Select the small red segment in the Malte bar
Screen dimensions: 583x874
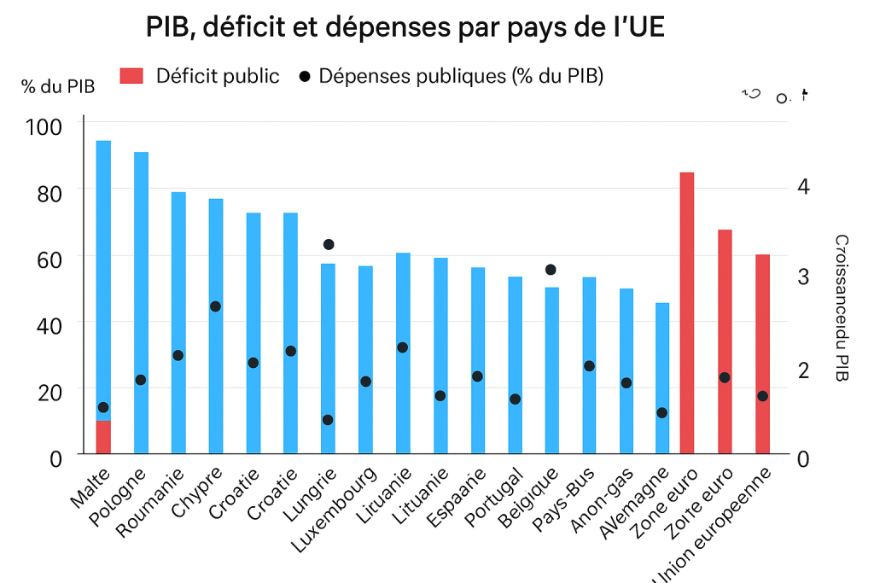coord(103,437)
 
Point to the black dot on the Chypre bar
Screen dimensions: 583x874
coord(216,306)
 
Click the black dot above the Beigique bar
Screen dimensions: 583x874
coord(551,270)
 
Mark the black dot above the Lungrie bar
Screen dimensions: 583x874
coord(328,245)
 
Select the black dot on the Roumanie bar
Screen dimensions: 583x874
coord(178,355)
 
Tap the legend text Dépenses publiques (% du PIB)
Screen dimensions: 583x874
coord(461,76)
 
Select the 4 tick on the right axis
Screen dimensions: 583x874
coord(803,187)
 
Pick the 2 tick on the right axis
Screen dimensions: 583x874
coord(803,370)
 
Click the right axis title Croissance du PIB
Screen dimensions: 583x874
coord(841,307)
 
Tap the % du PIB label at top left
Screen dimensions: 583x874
coord(58,86)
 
